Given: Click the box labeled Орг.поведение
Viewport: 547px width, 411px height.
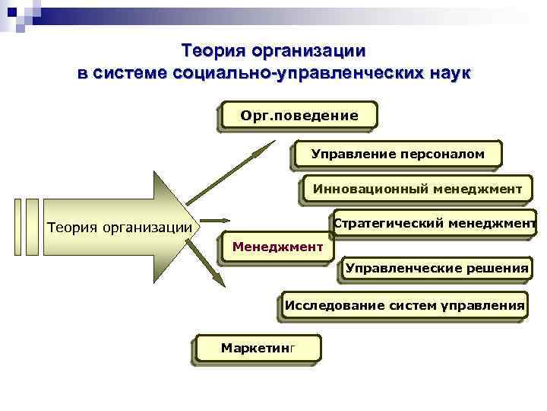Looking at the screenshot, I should click(x=298, y=116).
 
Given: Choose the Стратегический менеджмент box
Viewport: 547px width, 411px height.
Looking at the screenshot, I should click(x=435, y=223).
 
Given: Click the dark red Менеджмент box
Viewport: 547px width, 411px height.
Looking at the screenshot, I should click(x=277, y=247).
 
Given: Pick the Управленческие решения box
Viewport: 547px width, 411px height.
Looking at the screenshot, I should click(x=437, y=268).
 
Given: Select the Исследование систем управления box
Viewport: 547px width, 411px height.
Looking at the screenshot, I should click(x=404, y=307).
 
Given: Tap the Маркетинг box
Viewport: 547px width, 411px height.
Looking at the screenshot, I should click(x=258, y=348).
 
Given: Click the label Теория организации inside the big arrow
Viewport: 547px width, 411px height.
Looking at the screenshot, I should click(x=119, y=226).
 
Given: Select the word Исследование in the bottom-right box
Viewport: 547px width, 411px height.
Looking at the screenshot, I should click(x=325, y=307).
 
